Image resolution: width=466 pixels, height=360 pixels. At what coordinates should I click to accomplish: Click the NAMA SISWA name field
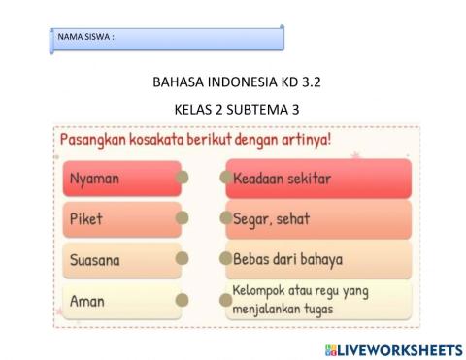click(x=167, y=38)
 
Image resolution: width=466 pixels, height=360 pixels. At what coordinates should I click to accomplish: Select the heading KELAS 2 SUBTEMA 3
click(x=232, y=107)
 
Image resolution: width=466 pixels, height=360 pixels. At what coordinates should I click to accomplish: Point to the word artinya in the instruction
click(x=301, y=140)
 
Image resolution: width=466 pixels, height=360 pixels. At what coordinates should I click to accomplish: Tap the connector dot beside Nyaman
click(x=182, y=178)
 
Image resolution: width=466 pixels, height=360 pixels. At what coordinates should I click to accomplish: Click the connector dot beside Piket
click(x=182, y=218)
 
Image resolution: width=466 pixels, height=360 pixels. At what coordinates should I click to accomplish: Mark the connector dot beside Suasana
click(x=182, y=259)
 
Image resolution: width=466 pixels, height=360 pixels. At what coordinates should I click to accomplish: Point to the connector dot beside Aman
click(x=182, y=300)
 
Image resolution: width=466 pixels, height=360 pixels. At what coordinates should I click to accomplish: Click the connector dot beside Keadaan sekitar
click(x=225, y=178)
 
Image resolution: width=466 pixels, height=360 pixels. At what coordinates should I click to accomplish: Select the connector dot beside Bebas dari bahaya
click(x=225, y=259)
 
